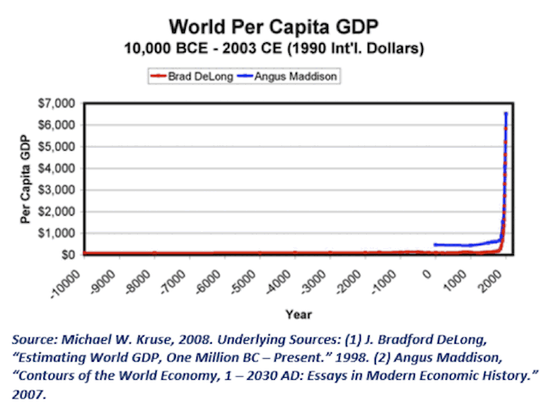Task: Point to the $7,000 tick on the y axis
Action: click(60, 104)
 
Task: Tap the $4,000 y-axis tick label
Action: click(60, 168)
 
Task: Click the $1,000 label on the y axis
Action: click(60, 233)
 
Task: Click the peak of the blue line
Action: click(507, 114)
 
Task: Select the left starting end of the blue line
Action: click(435, 244)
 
